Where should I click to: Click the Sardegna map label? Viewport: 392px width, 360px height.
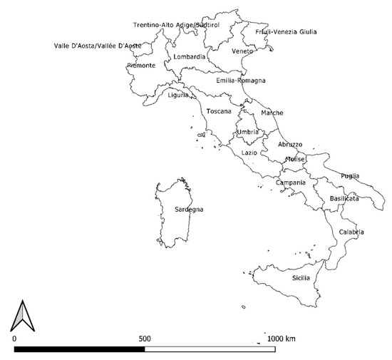(190, 210)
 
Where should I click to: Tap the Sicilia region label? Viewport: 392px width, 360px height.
(301, 277)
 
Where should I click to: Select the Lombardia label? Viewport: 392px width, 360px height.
(189, 57)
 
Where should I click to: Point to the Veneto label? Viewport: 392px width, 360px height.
(242, 51)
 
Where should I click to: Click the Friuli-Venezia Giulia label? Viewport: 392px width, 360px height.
(286, 31)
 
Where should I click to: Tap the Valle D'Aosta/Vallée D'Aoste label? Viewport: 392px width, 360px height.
(98, 46)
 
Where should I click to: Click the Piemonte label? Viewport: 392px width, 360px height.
(141, 66)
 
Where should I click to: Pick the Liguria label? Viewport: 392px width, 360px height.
(178, 96)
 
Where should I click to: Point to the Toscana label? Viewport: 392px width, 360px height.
(219, 112)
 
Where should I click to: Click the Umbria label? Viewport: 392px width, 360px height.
(247, 133)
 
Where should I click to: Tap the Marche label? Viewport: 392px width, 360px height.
(272, 113)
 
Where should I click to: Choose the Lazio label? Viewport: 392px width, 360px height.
(249, 153)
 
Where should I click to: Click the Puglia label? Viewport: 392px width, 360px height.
(350, 176)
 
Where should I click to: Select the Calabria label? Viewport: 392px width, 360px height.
(351, 232)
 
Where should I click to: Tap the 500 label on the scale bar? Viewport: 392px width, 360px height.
(144, 338)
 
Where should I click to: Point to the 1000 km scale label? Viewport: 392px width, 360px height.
(281, 338)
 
